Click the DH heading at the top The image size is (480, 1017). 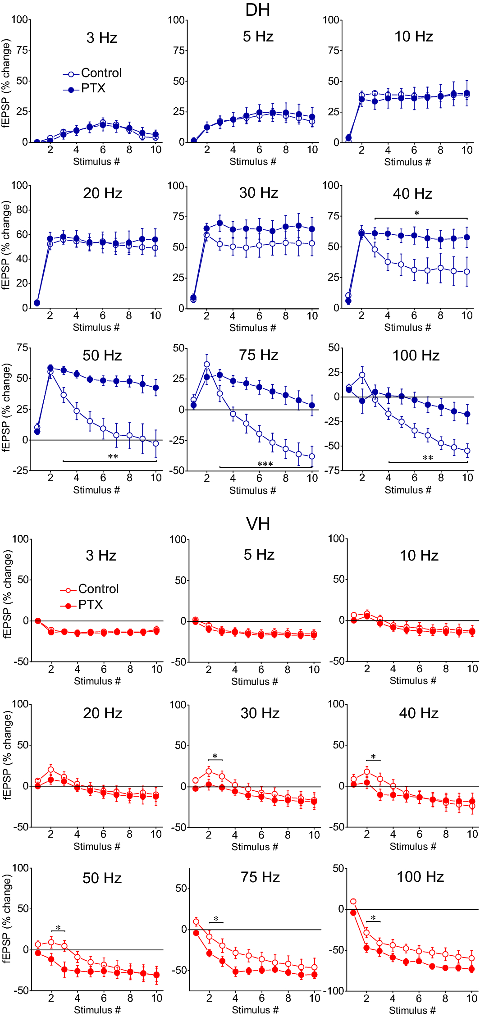click(x=257, y=10)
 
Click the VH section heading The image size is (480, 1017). click(x=258, y=524)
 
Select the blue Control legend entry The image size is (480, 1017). click(x=101, y=73)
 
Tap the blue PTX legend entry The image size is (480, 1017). click(x=93, y=88)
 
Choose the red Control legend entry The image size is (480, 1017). click(x=98, y=589)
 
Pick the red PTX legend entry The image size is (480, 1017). click(x=90, y=605)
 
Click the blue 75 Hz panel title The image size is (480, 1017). click(x=259, y=355)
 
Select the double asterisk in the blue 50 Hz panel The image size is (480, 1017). click(x=113, y=457)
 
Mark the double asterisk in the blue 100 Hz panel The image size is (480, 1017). click(x=428, y=458)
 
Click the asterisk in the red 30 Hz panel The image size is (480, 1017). click(x=215, y=757)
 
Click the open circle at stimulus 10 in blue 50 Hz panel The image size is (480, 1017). click(x=156, y=443)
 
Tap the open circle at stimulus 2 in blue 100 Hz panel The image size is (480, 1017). click(x=362, y=375)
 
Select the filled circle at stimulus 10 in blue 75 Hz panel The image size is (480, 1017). click(x=312, y=406)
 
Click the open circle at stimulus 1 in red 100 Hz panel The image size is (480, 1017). click(x=353, y=902)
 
